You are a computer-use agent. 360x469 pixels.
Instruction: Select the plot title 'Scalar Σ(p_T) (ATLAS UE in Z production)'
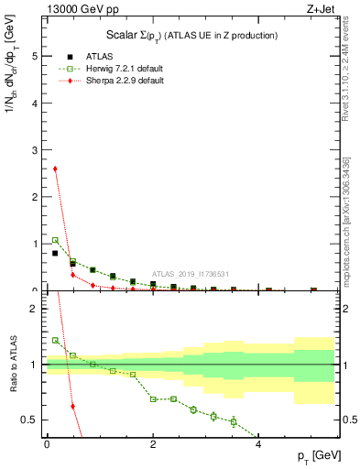tap(192, 35)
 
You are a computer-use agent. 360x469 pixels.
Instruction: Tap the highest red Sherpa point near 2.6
tap(55, 169)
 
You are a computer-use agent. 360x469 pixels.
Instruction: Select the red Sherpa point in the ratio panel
tap(72, 406)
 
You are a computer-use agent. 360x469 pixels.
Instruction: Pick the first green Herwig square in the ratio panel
tap(55, 340)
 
